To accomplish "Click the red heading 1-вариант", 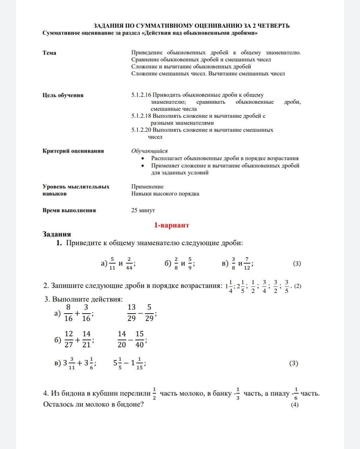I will tap(171, 225).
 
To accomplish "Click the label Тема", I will tap(49, 53).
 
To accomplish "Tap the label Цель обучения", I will tap(63, 95).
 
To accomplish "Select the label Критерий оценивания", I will tap(73, 151).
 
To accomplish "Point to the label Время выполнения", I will tap(69, 210).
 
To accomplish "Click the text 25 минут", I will tap(143, 210).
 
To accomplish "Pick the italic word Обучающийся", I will tap(149, 151).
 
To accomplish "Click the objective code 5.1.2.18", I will tap(141, 116).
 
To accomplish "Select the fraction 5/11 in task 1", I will tap(112, 263).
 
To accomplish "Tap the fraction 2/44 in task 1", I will tap(129, 263).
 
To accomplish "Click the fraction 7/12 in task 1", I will tap(247, 263).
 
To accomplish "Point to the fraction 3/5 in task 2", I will tap(287, 286).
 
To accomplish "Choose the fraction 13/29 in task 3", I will tap(131, 313).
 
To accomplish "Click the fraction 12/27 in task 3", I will tap(69, 339).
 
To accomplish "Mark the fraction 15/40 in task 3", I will tap(140, 339).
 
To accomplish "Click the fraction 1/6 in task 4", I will tap(296, 393).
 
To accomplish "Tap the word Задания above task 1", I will tap(57, 234).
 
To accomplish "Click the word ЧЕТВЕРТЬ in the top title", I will tap(272, 26).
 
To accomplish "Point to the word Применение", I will tap(147, 187).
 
